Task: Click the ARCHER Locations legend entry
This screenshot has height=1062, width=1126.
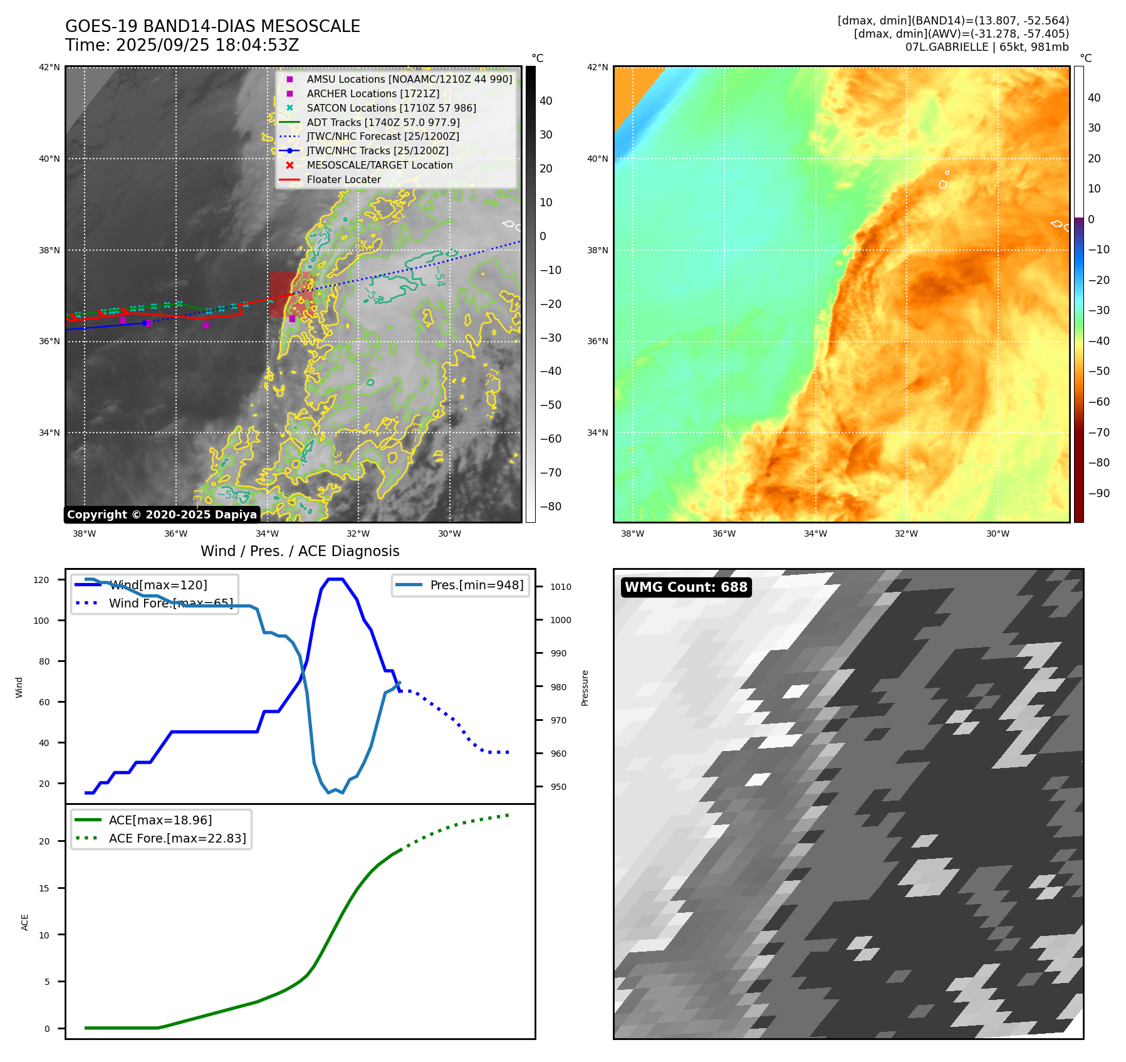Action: [373, 94]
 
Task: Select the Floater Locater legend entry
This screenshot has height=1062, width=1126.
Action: [343, 180]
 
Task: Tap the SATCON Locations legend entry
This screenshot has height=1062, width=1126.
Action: [391, 108]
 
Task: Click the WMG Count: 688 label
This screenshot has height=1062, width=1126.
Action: [686, 587]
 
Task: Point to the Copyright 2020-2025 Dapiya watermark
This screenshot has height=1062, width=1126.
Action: [162, 515]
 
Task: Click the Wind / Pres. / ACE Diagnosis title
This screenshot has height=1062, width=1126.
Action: [300, 551]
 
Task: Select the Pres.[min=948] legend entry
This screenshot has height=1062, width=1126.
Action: [476, 586]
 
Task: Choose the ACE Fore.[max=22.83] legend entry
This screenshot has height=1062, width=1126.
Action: [177, 839]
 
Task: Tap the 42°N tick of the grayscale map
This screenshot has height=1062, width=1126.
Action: [50, 68]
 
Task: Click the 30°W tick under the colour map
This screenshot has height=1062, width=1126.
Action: [998, 534]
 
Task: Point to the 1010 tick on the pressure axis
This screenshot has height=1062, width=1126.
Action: [561, 587]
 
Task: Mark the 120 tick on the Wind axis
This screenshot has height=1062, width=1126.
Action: [41, 581]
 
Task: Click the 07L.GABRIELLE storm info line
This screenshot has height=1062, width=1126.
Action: [987, 47]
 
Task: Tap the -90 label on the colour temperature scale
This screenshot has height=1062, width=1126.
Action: [1098, 493]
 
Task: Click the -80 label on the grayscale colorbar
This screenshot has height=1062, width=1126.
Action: [551, 507]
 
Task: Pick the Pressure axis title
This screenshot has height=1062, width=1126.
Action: [585, 688]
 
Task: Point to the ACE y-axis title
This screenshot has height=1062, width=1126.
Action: [25, 922]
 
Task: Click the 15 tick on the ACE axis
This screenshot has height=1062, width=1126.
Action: [44, 888]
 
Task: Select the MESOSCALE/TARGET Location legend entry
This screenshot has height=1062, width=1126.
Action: [379, 166]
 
